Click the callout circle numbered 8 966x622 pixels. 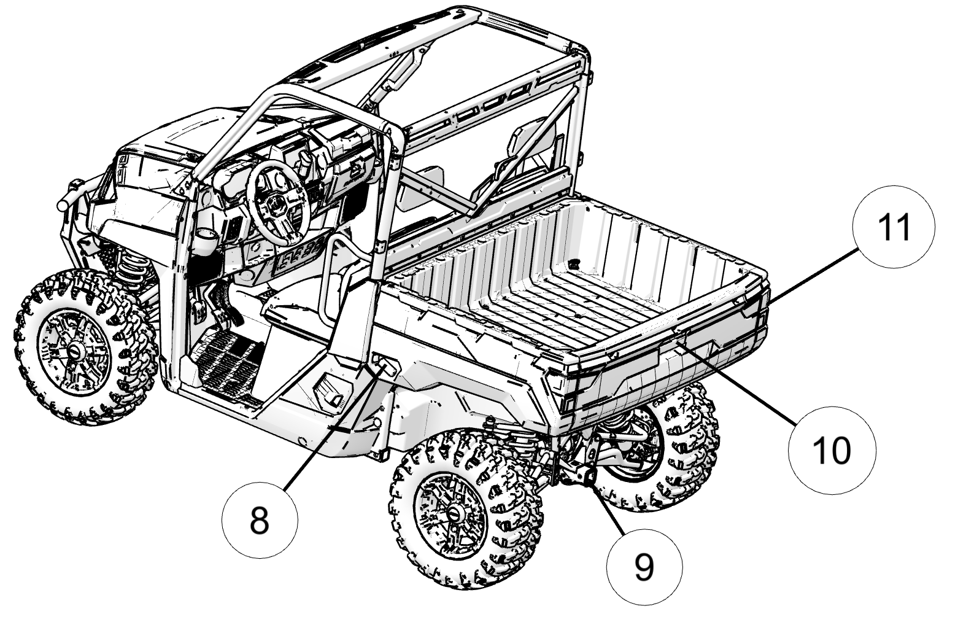260,521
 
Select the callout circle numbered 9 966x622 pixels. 644,566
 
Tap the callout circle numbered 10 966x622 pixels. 832,449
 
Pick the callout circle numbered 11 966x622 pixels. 894,227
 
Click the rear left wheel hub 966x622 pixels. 455,513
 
